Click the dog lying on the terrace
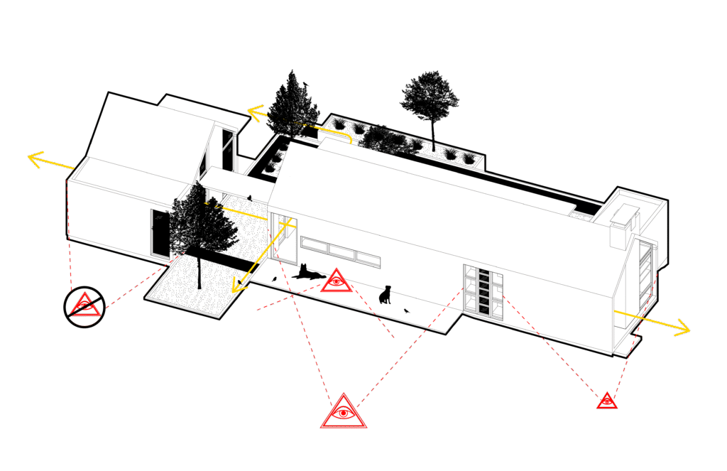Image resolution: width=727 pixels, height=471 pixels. coord(307,272)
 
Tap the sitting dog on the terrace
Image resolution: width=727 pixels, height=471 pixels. coord(386,294)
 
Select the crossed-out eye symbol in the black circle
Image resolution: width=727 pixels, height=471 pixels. coord(84,306)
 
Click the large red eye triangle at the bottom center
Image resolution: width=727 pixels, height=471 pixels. coord(344,413)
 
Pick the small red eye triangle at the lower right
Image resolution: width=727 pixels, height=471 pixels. coord(606,401)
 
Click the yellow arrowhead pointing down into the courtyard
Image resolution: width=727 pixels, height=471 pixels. coord(235,286)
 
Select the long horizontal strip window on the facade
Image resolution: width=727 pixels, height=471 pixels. coord(339,249)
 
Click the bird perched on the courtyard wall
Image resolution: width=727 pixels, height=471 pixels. coord(249,198)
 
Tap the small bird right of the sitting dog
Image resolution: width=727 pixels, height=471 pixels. coord(406,310)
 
